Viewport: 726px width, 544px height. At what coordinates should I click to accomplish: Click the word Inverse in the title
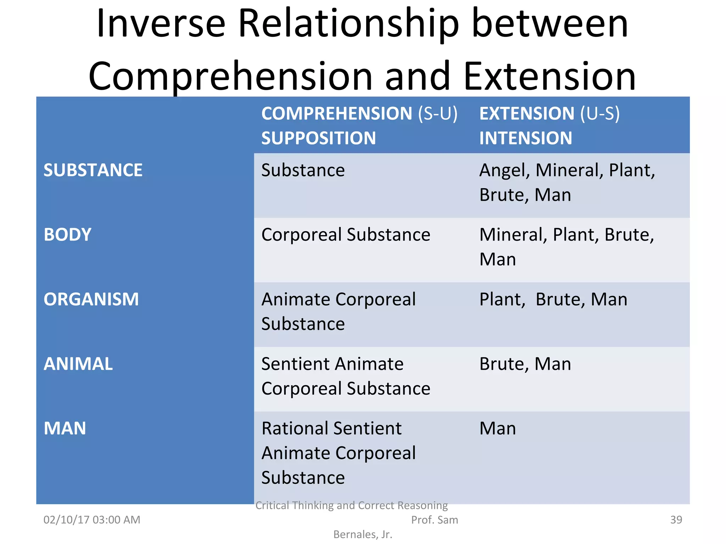point(161,24)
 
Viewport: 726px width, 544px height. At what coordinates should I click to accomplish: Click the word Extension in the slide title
point(549,76)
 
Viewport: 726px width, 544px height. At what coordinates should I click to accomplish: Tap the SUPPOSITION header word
point(318,138)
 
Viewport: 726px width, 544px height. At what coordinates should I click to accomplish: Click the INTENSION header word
point(525,138)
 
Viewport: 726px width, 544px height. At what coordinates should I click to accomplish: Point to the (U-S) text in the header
point(600,114)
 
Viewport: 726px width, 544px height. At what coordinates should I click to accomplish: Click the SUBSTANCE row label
point(93,170)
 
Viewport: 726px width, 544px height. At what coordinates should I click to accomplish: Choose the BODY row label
point(67,235)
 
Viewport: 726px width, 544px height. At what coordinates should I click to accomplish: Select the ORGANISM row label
point(91,299)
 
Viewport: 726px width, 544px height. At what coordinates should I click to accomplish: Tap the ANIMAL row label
point(78,364)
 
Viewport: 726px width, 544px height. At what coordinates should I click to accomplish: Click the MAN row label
point(65,429)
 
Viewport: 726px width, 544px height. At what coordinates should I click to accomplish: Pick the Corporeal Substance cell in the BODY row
point(346,235)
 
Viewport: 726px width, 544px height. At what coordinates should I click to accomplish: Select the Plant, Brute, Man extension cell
point(553,300)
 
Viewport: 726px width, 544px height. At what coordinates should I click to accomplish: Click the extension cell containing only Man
point(497,429)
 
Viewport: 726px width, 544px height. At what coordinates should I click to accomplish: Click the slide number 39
point(676,520)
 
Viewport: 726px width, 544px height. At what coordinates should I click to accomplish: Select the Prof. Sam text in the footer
point(434,520)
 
